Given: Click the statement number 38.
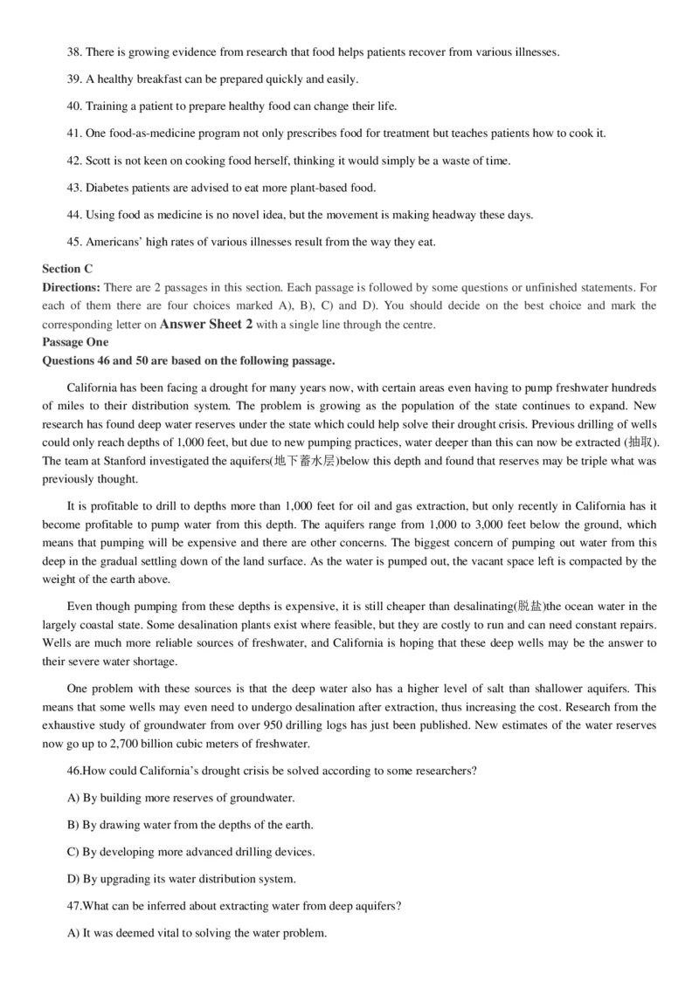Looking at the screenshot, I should (73, 52).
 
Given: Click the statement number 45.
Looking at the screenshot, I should (73, 242).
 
